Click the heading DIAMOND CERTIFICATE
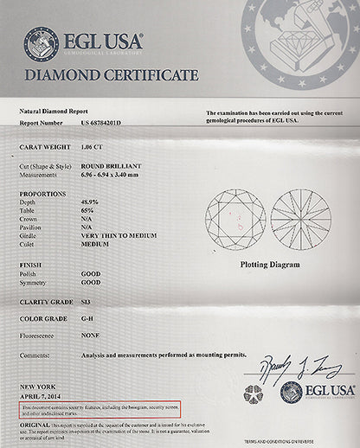pyautogui.click(x=111, y=75)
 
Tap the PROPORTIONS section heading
pyautogui.click(x=42, y=194)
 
